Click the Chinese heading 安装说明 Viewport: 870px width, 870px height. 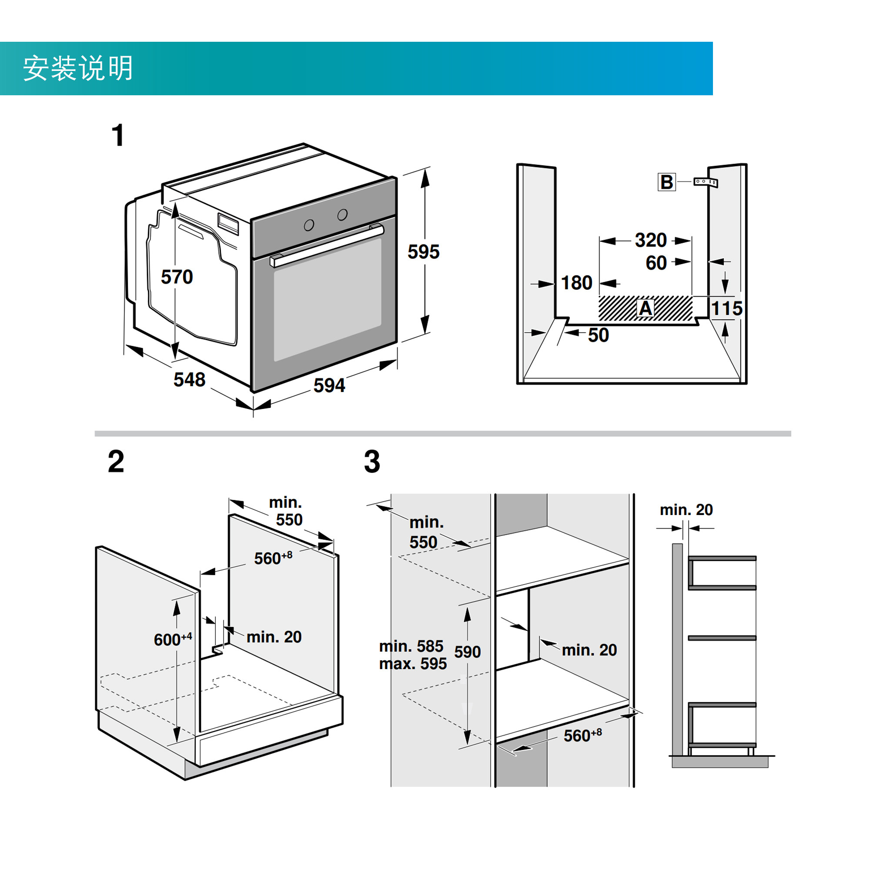pyautogui.click(x=78, y=68)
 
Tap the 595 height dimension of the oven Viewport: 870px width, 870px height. pyautogui.click(x=423, y=252)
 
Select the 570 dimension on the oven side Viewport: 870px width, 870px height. pyautogui.click(x=177, y=277)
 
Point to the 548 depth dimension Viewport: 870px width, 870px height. pyautogui.click(x=190, y=380)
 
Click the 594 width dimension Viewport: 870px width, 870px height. pyautogui.click(x=329, y=385)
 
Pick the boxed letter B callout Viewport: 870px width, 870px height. pyautogui.click(x=667, y=182)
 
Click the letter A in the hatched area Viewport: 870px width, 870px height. pyautogui.click(x=645, y=308)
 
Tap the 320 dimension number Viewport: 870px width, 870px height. pyautogui.click(x=651, y=241)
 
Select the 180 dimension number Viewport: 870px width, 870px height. pyautogui.click(x=576, y=283)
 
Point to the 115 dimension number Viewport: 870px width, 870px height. pyautogui.click(x=727, y=309)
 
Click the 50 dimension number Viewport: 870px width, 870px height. pyautogui.click(x=599, y=335)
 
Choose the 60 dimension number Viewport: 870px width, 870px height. pyautogui.click(x=656, y=263)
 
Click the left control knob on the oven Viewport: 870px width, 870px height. pyautogui.click(x=309, y=225)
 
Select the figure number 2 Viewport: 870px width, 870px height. pyautogui.click(x=116, y=462)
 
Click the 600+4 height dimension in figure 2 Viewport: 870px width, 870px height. pyautogui.click(x=173, y=639)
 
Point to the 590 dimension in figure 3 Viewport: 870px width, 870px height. pyautogui.click(x=468, y=652)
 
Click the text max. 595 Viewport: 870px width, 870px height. pyautogui.click(x=413, y=664)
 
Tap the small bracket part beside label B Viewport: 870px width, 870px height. pyautogui.click(x=705, y=182)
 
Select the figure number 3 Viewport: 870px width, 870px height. pyautogui.click(x=372, y=462)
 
